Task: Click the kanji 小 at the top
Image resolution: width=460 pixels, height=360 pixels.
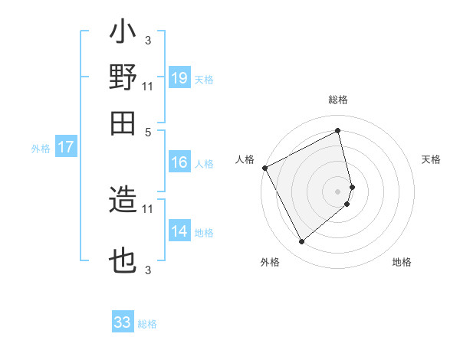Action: (123, 34)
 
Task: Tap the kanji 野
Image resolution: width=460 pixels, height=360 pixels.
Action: (123, 78)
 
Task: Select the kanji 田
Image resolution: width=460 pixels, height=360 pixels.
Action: (123, 123)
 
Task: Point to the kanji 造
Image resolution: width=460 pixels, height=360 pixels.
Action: (123, 201)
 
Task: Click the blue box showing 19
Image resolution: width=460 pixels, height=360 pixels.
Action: (179, 78)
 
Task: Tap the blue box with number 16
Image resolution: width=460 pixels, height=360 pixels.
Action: (179, 162)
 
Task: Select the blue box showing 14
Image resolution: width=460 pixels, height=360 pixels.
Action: (179, 232)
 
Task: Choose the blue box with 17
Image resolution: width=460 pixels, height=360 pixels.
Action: (66, 148)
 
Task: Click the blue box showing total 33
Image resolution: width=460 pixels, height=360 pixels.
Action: (123, 322)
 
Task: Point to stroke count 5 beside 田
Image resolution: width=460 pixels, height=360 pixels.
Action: (148, 131)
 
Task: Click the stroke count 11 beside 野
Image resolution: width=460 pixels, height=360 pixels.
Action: (148, 85)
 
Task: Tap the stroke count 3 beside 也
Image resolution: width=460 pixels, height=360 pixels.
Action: (148, 269)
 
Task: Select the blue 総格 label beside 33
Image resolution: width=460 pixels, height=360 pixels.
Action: (147, 324)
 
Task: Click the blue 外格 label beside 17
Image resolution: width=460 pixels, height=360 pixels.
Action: (41, 149)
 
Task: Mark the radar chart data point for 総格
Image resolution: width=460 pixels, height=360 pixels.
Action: (338, 130)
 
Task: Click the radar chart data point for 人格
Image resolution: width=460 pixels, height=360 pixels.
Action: (264, 167)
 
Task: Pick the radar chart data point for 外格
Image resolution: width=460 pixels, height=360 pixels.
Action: (301, 242)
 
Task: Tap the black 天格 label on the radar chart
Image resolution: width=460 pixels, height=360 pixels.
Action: (432, 159)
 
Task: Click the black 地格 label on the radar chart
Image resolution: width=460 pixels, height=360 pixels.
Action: (402, 262)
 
